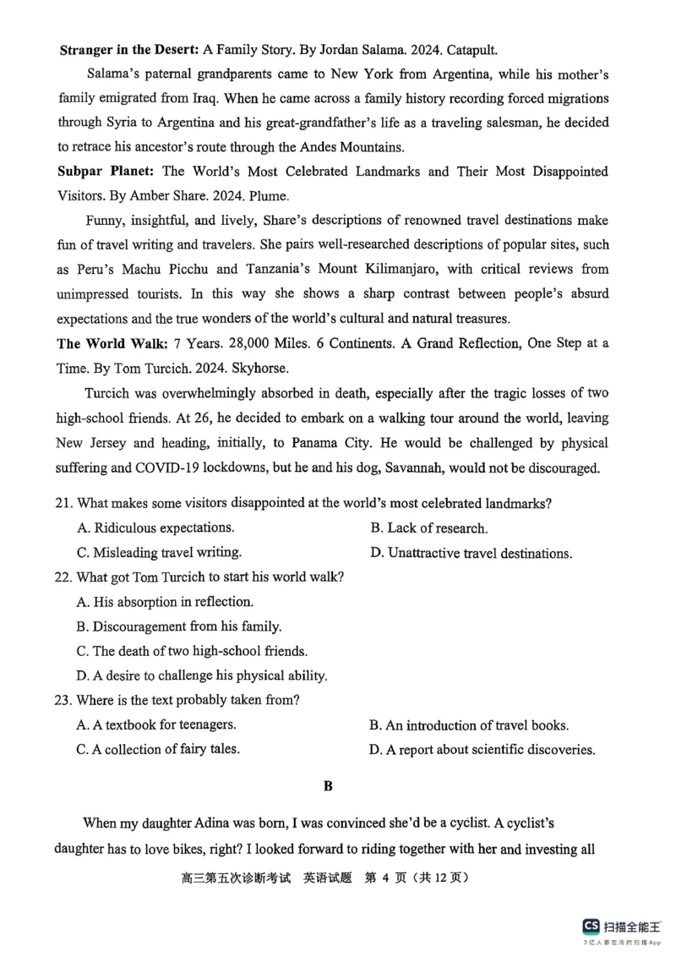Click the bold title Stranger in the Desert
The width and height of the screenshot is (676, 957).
128,50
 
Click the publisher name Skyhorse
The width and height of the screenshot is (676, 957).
262,369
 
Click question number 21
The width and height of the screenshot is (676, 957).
64,504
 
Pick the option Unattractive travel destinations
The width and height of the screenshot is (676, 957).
471,554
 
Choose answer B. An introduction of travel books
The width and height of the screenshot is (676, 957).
468,725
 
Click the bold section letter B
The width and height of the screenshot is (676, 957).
328,786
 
